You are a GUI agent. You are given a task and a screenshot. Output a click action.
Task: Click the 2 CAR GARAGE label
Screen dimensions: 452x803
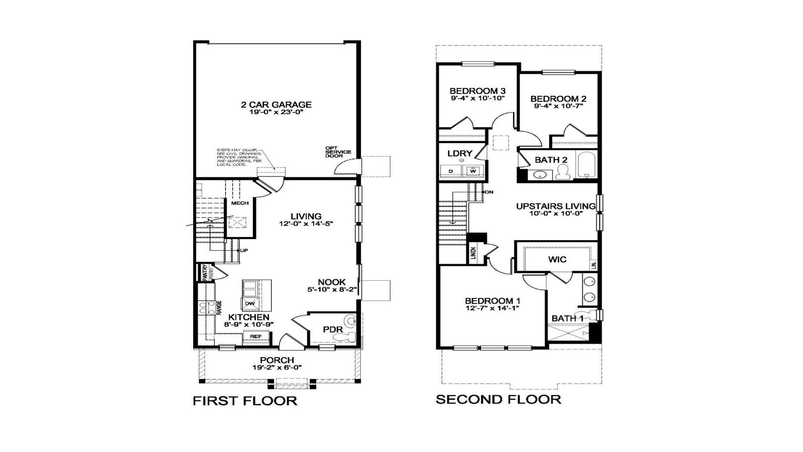point(276,104)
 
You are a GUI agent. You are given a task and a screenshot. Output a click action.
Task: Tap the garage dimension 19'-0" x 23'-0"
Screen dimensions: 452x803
point(276,112)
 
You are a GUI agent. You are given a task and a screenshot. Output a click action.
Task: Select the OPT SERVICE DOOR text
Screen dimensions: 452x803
point(338,152)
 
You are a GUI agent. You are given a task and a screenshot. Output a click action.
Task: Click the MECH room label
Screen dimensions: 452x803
point(240,203)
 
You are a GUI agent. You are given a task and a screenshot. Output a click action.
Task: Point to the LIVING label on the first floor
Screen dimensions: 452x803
point(306,216)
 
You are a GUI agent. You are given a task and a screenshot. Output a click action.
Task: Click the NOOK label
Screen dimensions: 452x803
point(332,282)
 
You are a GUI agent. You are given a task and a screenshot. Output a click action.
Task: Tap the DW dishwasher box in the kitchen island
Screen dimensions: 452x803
point(249,304)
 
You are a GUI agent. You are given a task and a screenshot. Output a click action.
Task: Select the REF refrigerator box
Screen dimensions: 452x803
point(255,336)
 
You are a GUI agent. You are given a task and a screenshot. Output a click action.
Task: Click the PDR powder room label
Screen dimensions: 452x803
point(332,329)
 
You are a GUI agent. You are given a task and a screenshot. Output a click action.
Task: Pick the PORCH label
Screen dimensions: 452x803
point(277,360)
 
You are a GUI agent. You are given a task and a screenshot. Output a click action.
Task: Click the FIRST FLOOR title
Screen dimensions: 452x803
point(245,401)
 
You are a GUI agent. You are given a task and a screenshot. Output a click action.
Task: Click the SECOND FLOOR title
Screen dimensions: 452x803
point(498,400)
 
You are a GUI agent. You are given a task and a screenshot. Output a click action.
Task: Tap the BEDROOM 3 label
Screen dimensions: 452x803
point(477,91)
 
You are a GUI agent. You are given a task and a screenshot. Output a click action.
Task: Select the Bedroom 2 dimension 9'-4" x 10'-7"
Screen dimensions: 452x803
point(558,106)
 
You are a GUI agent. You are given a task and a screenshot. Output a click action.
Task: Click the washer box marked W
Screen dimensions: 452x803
point(473,171)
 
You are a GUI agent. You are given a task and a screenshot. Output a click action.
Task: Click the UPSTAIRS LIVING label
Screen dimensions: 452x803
point(556,206)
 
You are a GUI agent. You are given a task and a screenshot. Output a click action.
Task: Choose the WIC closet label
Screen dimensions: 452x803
point(557,259)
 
